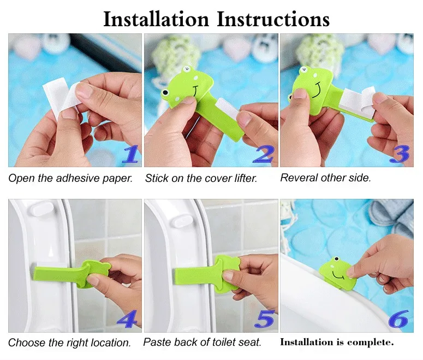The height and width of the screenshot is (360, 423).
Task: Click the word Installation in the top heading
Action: point(156,19)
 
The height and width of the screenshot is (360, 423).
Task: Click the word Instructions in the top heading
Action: point(273,19)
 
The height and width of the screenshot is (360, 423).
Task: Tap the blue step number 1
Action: point(131,154)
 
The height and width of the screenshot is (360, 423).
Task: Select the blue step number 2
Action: point(263,154)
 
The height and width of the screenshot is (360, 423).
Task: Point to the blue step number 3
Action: point(400,154)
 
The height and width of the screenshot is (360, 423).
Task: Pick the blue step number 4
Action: point(127,319)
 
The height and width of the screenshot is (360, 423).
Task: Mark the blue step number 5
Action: point(265,319)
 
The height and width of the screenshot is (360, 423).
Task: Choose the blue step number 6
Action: point(398,319)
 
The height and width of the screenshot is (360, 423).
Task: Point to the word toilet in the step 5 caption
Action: point(221,342)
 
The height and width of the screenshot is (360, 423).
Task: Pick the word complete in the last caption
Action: point(371,343)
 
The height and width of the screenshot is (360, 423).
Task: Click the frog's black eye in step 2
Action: point(165,93)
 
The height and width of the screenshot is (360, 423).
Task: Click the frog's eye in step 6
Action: point(336,259)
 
